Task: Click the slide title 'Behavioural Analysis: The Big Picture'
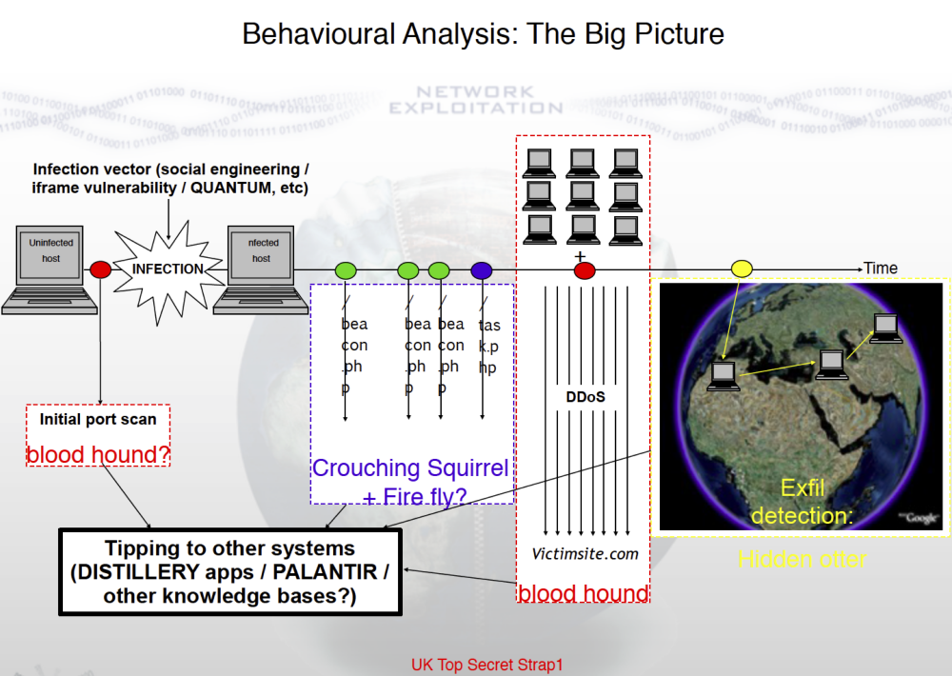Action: point(483,34)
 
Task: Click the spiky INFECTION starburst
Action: point(168,268)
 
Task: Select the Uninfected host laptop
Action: point(50,269)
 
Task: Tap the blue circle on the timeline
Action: point(482,270)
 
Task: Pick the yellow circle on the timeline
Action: point(742,269)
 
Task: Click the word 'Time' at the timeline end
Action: point(880,268)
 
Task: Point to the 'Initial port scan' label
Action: point(98,419)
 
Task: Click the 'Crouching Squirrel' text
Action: point(410,468)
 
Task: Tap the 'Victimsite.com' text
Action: point(585,553)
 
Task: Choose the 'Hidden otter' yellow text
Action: point(803,559)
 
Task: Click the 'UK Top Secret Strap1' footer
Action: point(486,665)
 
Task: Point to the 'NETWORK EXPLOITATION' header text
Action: point(475,100)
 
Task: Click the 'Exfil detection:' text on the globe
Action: point(803,502)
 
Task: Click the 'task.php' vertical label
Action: point(489,346)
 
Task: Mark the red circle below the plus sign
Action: point(585,270)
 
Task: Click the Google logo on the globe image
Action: point(921,517)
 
